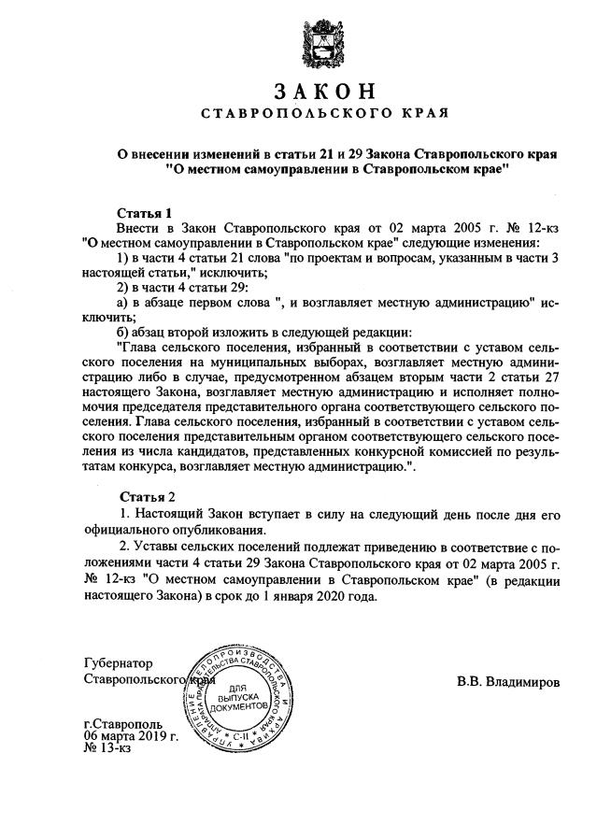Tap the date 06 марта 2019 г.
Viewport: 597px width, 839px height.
tap(130, 735)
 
